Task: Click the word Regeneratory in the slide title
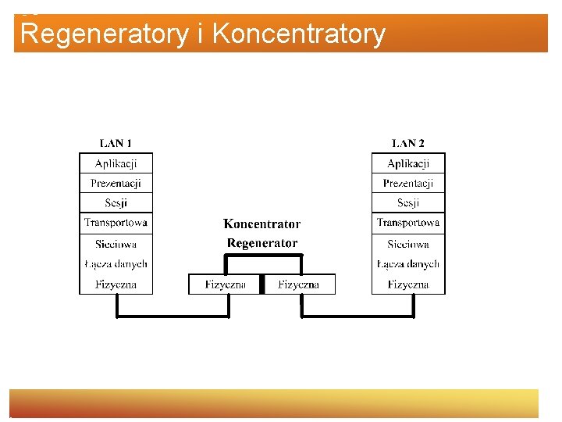[105, 34]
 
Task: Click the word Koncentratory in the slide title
[298, 34]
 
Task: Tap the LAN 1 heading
[116, 143]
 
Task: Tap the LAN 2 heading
[408, 143]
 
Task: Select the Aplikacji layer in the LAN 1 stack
[116, 163]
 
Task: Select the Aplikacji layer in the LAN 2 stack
[408, 163]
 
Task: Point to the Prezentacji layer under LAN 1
[116, 184]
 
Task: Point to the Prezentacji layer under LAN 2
[408, 184]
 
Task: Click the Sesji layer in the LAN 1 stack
[116, 203]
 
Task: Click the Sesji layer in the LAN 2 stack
[408, 203]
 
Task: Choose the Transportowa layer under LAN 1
[116, 224]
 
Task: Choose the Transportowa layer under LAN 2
[408, 224]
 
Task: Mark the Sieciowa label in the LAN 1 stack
[116, 244]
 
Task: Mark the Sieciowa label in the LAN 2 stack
[408, 244]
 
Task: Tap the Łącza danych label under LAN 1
[116, 264]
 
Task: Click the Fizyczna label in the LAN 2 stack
[408, 284]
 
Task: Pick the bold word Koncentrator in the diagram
[262, 224]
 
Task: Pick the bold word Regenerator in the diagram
[262, 243]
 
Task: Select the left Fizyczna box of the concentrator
[226, 284]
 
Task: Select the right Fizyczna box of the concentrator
[299, 284]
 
